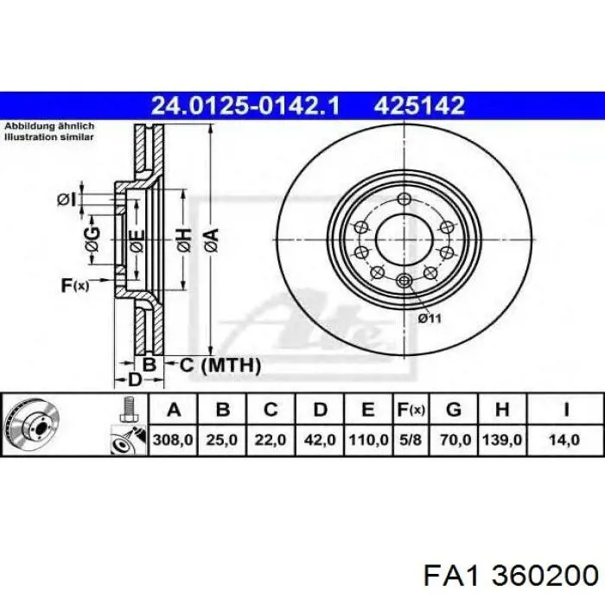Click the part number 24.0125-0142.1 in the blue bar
245,105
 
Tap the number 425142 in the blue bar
419,105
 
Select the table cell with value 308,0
173,440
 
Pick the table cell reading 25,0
221,440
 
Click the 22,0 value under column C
270,440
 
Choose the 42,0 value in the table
320,440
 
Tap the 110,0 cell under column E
368,440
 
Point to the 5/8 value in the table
411,440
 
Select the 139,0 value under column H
502,440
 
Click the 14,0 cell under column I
564,440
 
